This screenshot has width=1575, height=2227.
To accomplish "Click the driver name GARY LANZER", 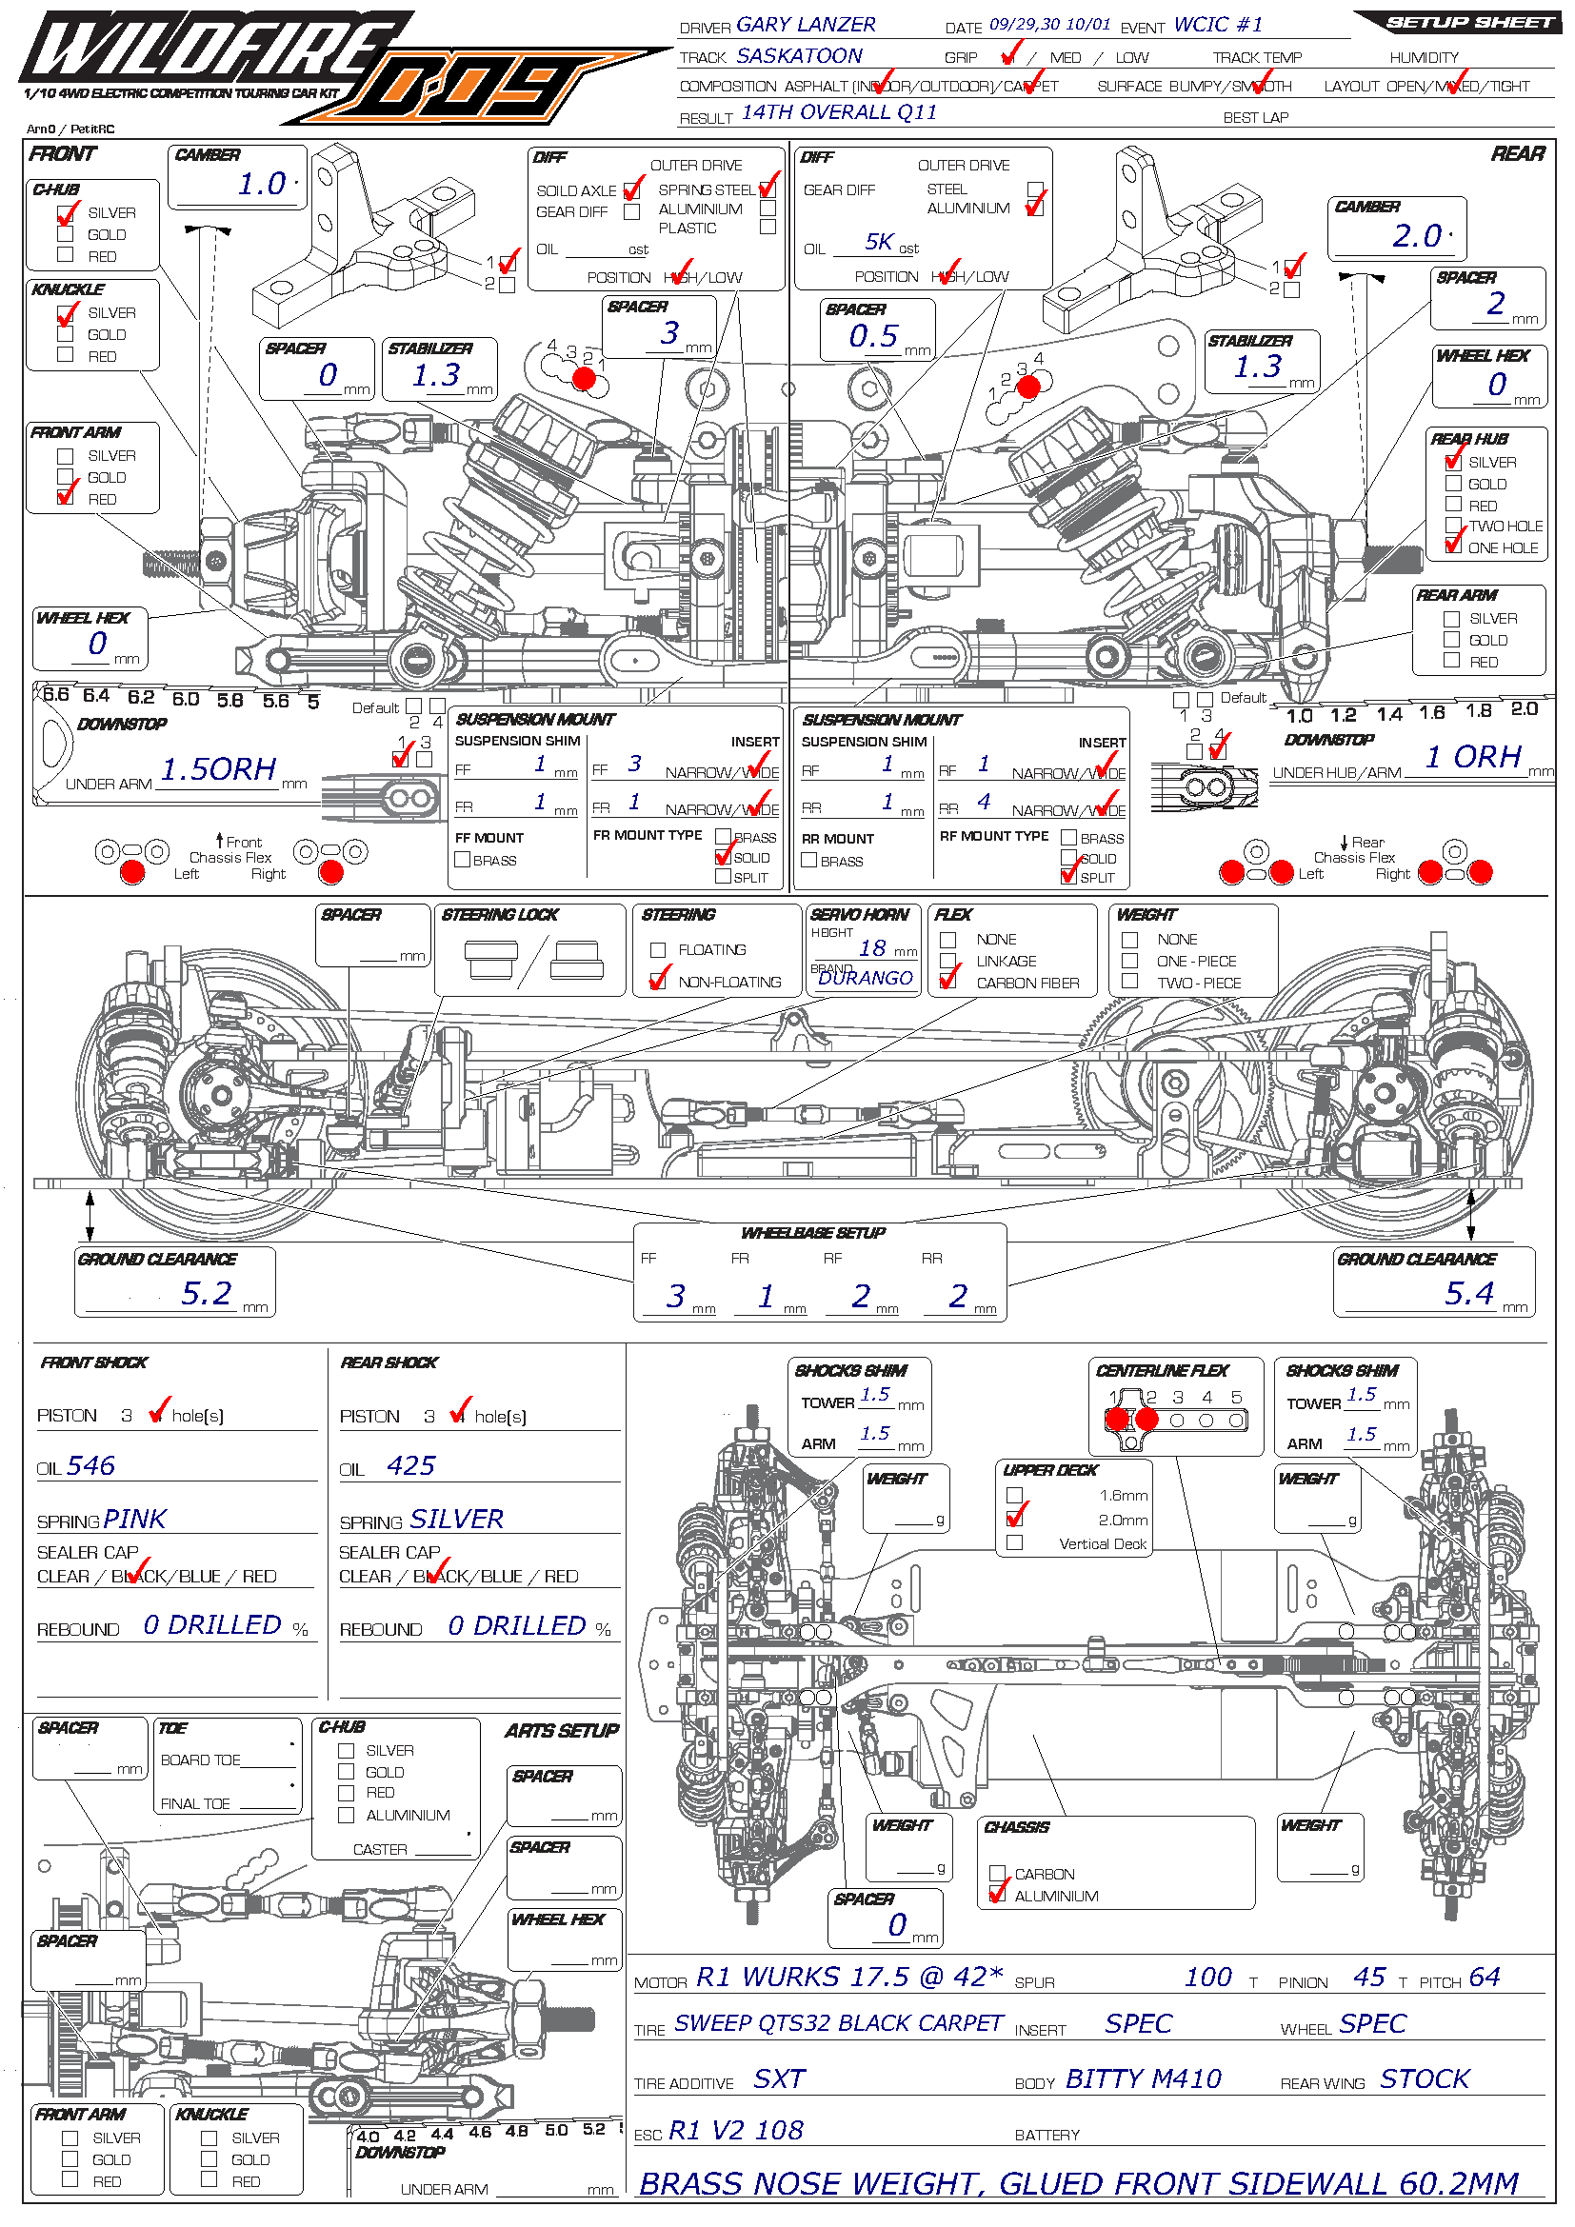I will (x=805, y=25).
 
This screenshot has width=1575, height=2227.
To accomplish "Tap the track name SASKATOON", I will (x=799, y=56).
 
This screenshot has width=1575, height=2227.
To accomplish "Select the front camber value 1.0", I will (x=262, y=184).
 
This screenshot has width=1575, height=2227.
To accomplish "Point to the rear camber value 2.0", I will (x=1417, y=236).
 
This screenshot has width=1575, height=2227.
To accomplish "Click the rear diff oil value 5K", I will (x=880, y=242).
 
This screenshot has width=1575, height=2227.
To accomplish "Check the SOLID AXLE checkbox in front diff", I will (x=632, y=191).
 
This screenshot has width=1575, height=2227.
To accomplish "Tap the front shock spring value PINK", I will (x=135, y=1519).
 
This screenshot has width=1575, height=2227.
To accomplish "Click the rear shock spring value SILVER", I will (x=455, y=1519).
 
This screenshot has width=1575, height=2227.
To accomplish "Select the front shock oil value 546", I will (x=91, y=1465).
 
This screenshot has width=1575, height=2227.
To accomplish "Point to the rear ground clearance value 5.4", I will (x=1469, y=1293).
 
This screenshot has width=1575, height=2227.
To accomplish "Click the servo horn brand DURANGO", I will (x=865, y=978).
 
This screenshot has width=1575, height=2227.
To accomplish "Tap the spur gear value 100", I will (x=1207, y=1977).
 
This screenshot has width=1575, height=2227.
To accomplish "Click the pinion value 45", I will (x=1369, y=1977).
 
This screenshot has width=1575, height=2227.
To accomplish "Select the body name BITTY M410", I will (x=1143, y=2078).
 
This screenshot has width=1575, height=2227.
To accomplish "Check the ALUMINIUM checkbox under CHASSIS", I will (x=997, y=1896).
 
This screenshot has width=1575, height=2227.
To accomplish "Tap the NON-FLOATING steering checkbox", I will (x=659, y=981).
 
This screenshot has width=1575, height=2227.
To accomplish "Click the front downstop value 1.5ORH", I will (x=218, y=769).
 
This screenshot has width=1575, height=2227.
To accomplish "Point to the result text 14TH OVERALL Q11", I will (x=839, y=112).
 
